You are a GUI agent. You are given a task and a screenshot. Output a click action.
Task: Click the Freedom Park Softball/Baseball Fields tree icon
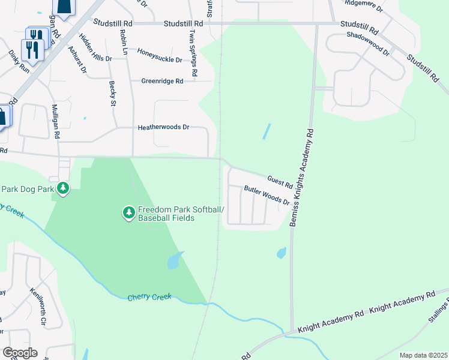128,212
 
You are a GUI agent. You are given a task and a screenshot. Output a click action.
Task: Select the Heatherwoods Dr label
163,127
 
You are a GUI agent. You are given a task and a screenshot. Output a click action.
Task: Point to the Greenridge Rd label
162,81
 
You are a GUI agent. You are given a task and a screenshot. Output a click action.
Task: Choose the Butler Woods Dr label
267,196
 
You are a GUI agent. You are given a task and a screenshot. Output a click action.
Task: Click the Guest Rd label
280,179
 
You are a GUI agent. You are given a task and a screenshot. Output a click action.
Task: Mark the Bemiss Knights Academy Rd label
302,176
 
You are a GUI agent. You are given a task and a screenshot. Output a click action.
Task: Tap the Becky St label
112,94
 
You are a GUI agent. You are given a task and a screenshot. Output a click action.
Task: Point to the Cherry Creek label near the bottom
149,297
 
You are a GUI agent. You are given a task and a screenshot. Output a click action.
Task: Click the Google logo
20,353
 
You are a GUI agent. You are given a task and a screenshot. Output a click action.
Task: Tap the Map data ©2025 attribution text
423,355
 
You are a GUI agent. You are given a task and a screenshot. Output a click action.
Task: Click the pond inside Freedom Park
174,260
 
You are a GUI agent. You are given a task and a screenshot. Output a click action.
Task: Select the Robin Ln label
124,41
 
